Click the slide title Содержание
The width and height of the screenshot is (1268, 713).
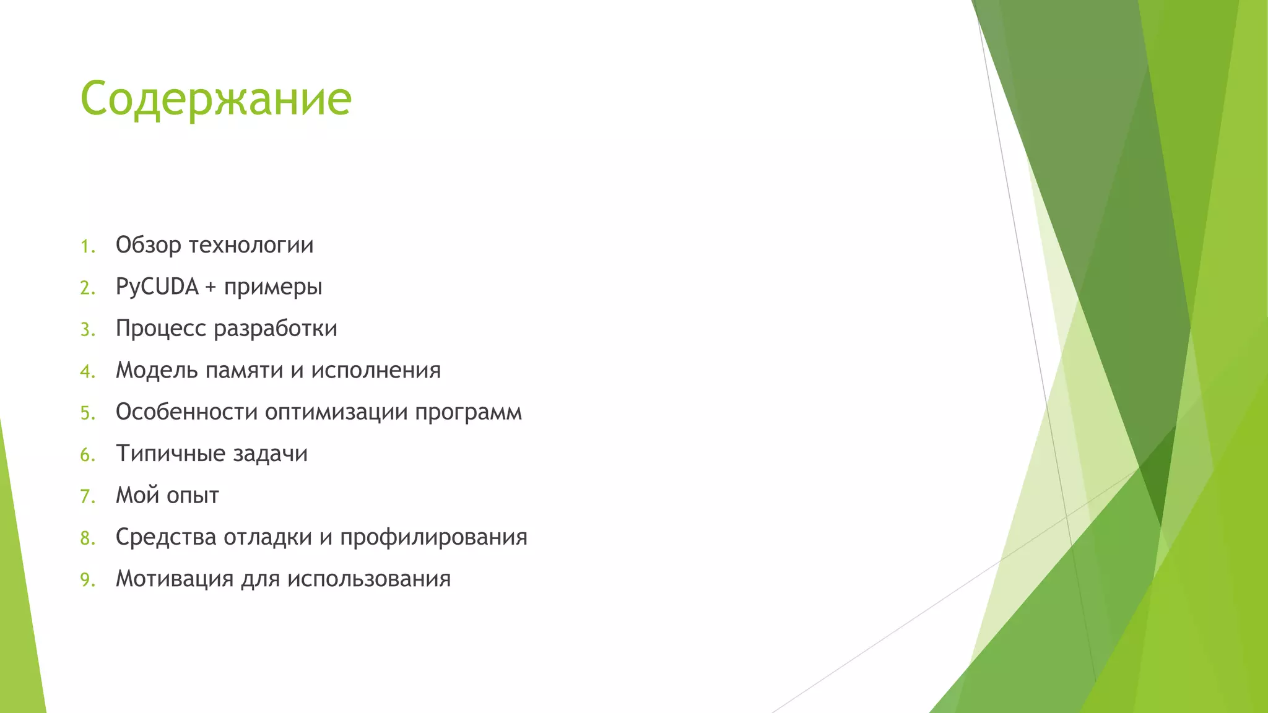click(216, 99)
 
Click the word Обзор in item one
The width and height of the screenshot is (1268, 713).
click(148, 246)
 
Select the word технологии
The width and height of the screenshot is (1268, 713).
click(251, 246)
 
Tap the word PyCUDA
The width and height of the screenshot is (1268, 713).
click(157, 287)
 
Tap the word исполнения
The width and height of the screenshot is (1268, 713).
click(376, 371)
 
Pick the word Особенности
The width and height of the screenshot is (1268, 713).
click(186, 412)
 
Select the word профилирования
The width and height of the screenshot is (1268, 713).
click(433, 538)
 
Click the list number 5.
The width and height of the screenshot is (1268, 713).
click(87, 413)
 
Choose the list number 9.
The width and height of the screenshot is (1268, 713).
click(87, 581)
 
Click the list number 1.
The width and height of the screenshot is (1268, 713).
click(87, 247)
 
